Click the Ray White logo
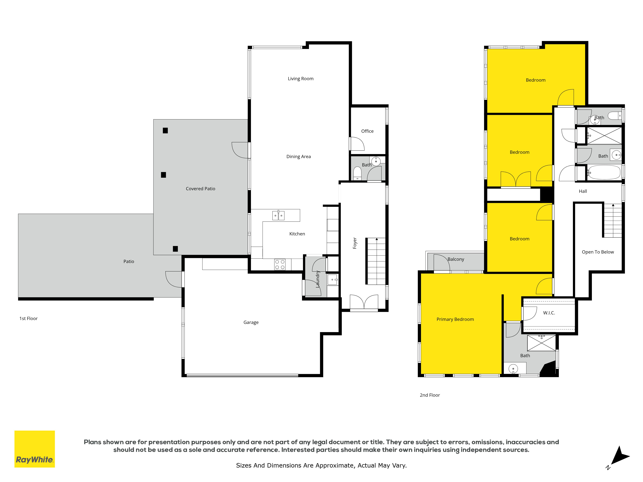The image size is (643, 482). (x=35, y=449)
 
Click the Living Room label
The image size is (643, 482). (x=301, y=79)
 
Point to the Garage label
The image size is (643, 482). (x=251, y=322)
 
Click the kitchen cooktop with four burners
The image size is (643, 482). (x=280, y=264)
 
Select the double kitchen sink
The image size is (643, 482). (x=278, y=215)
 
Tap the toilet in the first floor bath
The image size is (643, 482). (x=357, y=174)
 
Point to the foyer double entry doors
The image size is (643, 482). (x=364, y=303)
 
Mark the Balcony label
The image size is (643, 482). (x=456, y=259)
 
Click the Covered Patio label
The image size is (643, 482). (x=201, y=189)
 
